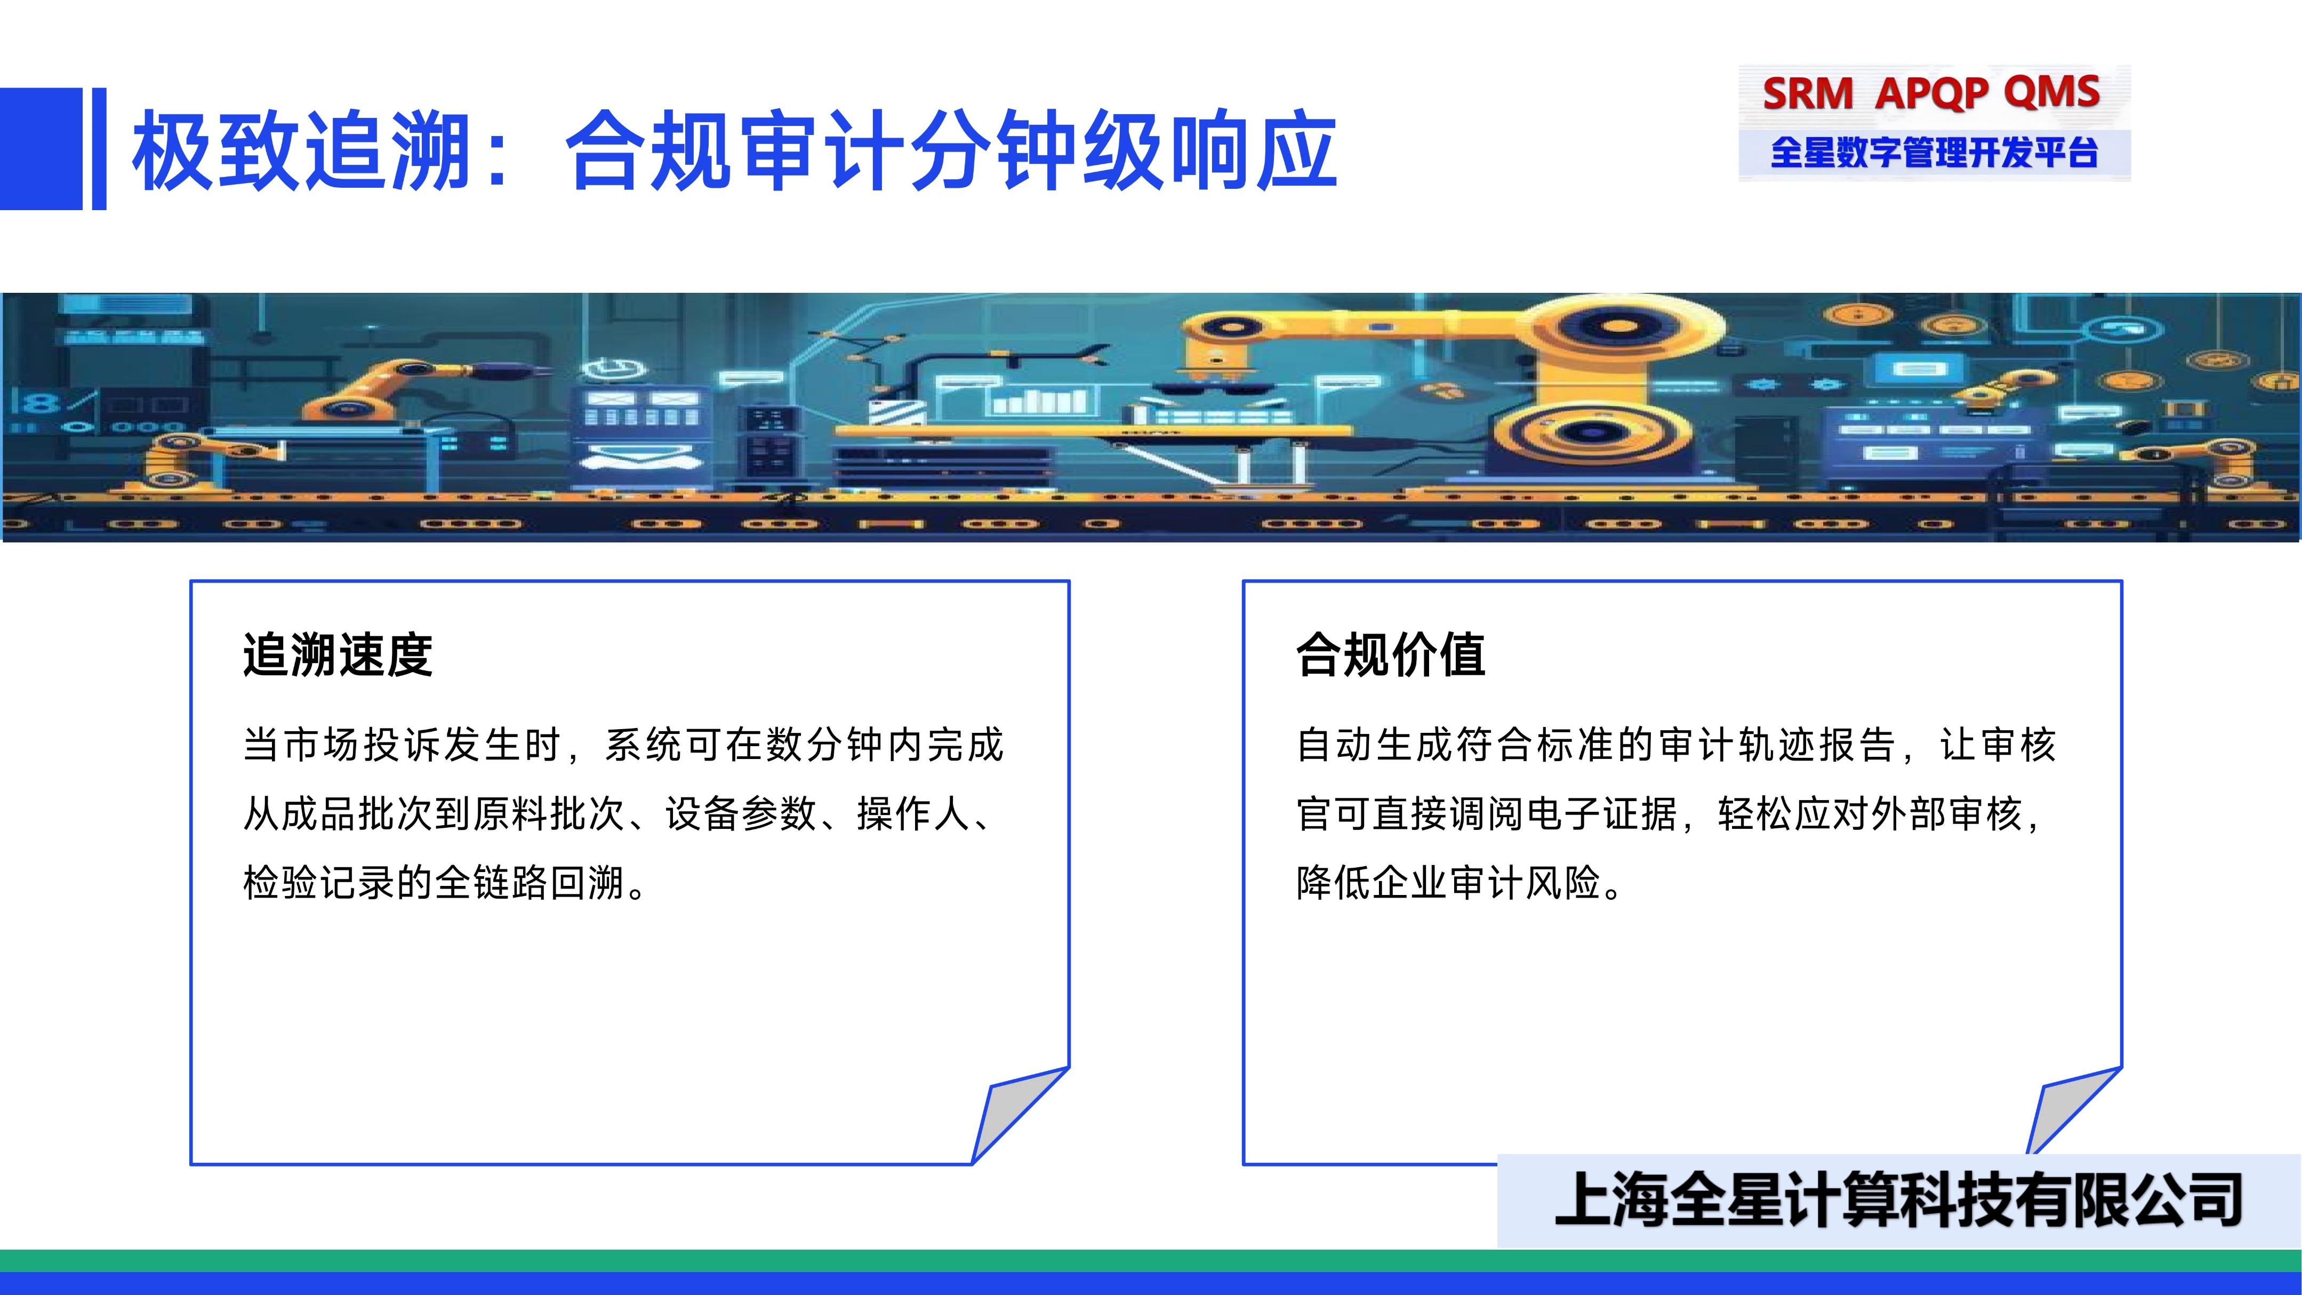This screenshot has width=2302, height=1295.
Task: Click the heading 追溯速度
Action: point(338,655)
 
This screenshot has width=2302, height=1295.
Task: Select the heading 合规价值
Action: point(1391,655)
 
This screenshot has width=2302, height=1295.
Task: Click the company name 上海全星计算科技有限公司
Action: point(1898,1200)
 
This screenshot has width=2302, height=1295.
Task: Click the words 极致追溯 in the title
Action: point(302,150)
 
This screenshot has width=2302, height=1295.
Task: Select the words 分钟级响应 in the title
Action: point(1124,150)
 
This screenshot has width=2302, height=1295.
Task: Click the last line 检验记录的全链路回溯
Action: point(444,883)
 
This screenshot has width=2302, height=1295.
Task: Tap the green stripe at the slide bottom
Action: point(1151,1260)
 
